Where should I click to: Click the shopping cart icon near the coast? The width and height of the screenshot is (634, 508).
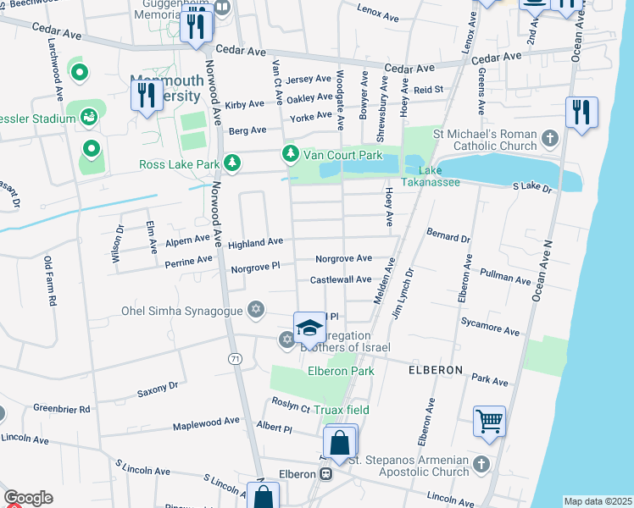[x=489, y=421]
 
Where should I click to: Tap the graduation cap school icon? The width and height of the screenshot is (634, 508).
[x=310, y=328]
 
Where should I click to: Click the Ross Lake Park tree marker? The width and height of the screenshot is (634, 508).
[x=230, y=163]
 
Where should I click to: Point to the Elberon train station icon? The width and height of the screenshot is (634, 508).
[x=325, y=474]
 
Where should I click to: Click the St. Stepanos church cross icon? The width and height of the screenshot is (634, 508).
[x=481, y=463]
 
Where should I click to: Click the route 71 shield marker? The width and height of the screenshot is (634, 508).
[x=234, y=359]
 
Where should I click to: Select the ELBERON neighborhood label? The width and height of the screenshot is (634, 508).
[x=435, y=370]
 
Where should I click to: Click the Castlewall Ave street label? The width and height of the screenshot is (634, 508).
[x=341, y=279]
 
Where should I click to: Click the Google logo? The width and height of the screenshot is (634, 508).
[x=28, y=498]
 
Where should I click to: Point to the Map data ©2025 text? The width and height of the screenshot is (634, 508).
[x=598, y=501]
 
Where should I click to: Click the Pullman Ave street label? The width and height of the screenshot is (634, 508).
[x=505, y=279]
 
